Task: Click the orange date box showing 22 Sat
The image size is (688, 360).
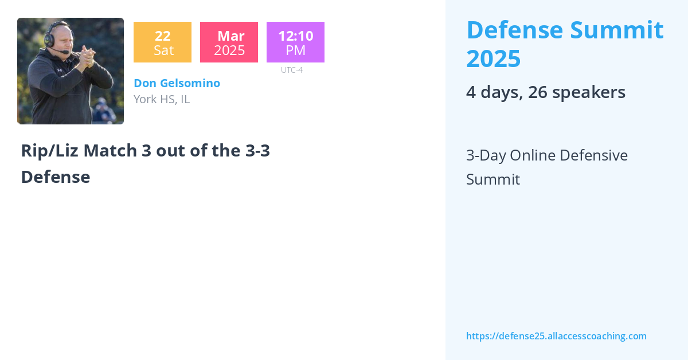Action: point(162,42)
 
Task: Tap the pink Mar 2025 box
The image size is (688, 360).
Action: point(229,42)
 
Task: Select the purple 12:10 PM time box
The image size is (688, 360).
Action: point(295,42)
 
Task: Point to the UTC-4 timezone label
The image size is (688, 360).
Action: point(292,70)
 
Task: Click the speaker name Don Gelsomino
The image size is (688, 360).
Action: point(177,83)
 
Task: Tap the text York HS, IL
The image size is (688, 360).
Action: point(162,99)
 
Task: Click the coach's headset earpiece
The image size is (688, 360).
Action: point(50,40)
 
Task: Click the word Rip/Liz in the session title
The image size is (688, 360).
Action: point(50,151)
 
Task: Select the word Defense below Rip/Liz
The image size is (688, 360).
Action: point(55,177)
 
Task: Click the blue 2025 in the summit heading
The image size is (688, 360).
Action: point(493,58)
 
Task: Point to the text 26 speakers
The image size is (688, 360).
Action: point(577,92)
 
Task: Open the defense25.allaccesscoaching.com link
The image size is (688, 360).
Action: point(556,336)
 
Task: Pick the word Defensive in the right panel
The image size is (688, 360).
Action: point(593,155)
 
